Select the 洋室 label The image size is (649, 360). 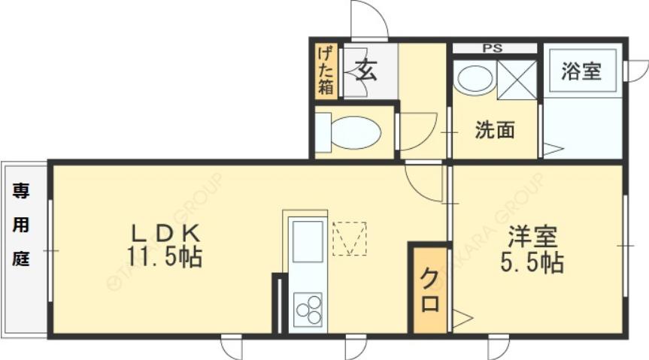click(532, 237)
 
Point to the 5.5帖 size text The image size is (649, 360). click(532, 262)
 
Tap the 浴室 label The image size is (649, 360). click(581, 71)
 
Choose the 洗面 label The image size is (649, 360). click(494, 130)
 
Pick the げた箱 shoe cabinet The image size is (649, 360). click(325, 69)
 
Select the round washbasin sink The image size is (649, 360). click(475, 78)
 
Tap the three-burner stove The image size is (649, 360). click(308, 309)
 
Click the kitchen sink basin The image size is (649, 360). click(308, 244)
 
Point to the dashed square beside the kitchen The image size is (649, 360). click(349, 238)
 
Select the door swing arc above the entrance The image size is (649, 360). click(369, 19)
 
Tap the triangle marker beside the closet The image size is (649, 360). click(461, 319)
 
